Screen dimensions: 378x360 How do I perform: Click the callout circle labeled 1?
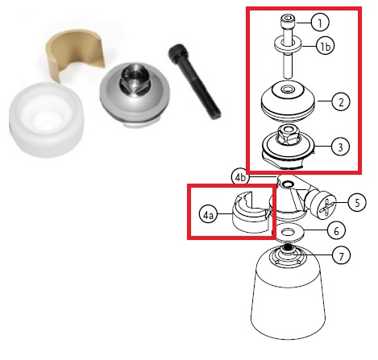pyautogui.click(x=320, y=23)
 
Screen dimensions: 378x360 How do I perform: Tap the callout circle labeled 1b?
pyautogui.click(x=325, y=47)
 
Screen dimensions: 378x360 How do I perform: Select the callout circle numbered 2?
pyautogui.click(x=341, y=102)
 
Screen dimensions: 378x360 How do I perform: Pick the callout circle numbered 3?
pyautogui.click(x=340, y=147)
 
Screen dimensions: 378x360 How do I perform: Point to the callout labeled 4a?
pyautogui.click(x=208, y=215)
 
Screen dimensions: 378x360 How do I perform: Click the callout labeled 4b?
pyautogui.click(x=240, y=177)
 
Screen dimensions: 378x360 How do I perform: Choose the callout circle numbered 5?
pyautogui.click(x=357, y=203)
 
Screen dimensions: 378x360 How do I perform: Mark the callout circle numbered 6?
pyautogui.click(x=336, y=231)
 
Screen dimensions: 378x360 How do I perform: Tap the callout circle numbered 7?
pyautogui.click(x=341, y=255)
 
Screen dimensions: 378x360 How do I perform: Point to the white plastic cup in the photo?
pyautogui.click(x=46, y=120)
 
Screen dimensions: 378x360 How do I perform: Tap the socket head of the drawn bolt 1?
pyautogui.click(x=288, y=23)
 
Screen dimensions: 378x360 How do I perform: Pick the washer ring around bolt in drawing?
pyautogui.click(x=289, y=45)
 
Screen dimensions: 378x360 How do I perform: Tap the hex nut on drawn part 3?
pyautogui.click(x=289, y=134)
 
